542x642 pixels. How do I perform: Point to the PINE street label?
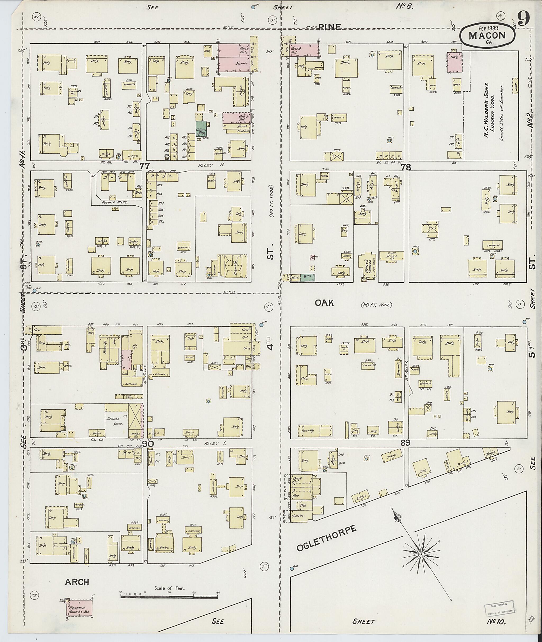330,27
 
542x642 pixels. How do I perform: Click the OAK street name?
324,303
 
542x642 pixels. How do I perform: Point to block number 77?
144,166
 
